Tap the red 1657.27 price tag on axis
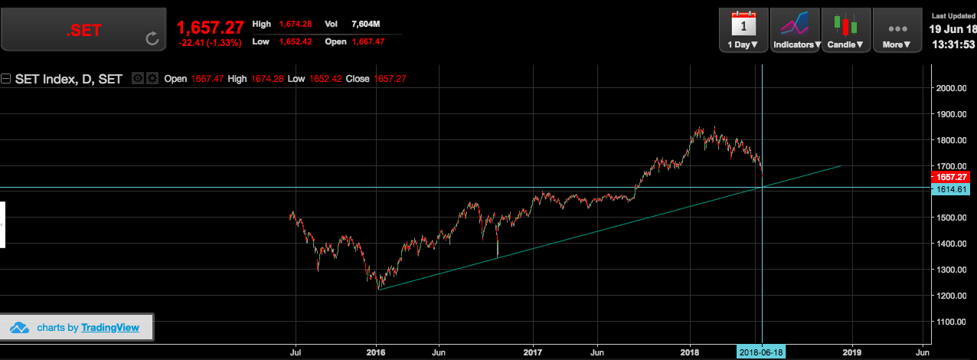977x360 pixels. [x=952, y=177]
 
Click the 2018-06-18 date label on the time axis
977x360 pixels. [x=760, y=352]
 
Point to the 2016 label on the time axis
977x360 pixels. [x=376, y=352]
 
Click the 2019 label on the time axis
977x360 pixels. [x=851, y=352]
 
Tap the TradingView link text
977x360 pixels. [x=111, y=327]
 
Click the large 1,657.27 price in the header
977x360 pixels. [x=210, y=28]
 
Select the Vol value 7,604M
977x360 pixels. [x=366, y=25]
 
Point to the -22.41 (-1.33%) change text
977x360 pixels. [x=210, y=43]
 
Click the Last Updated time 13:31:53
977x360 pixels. [x=952, y=44]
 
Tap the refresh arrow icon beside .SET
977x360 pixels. [x=152, y=38]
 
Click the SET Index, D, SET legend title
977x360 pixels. [x=68, y=79]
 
